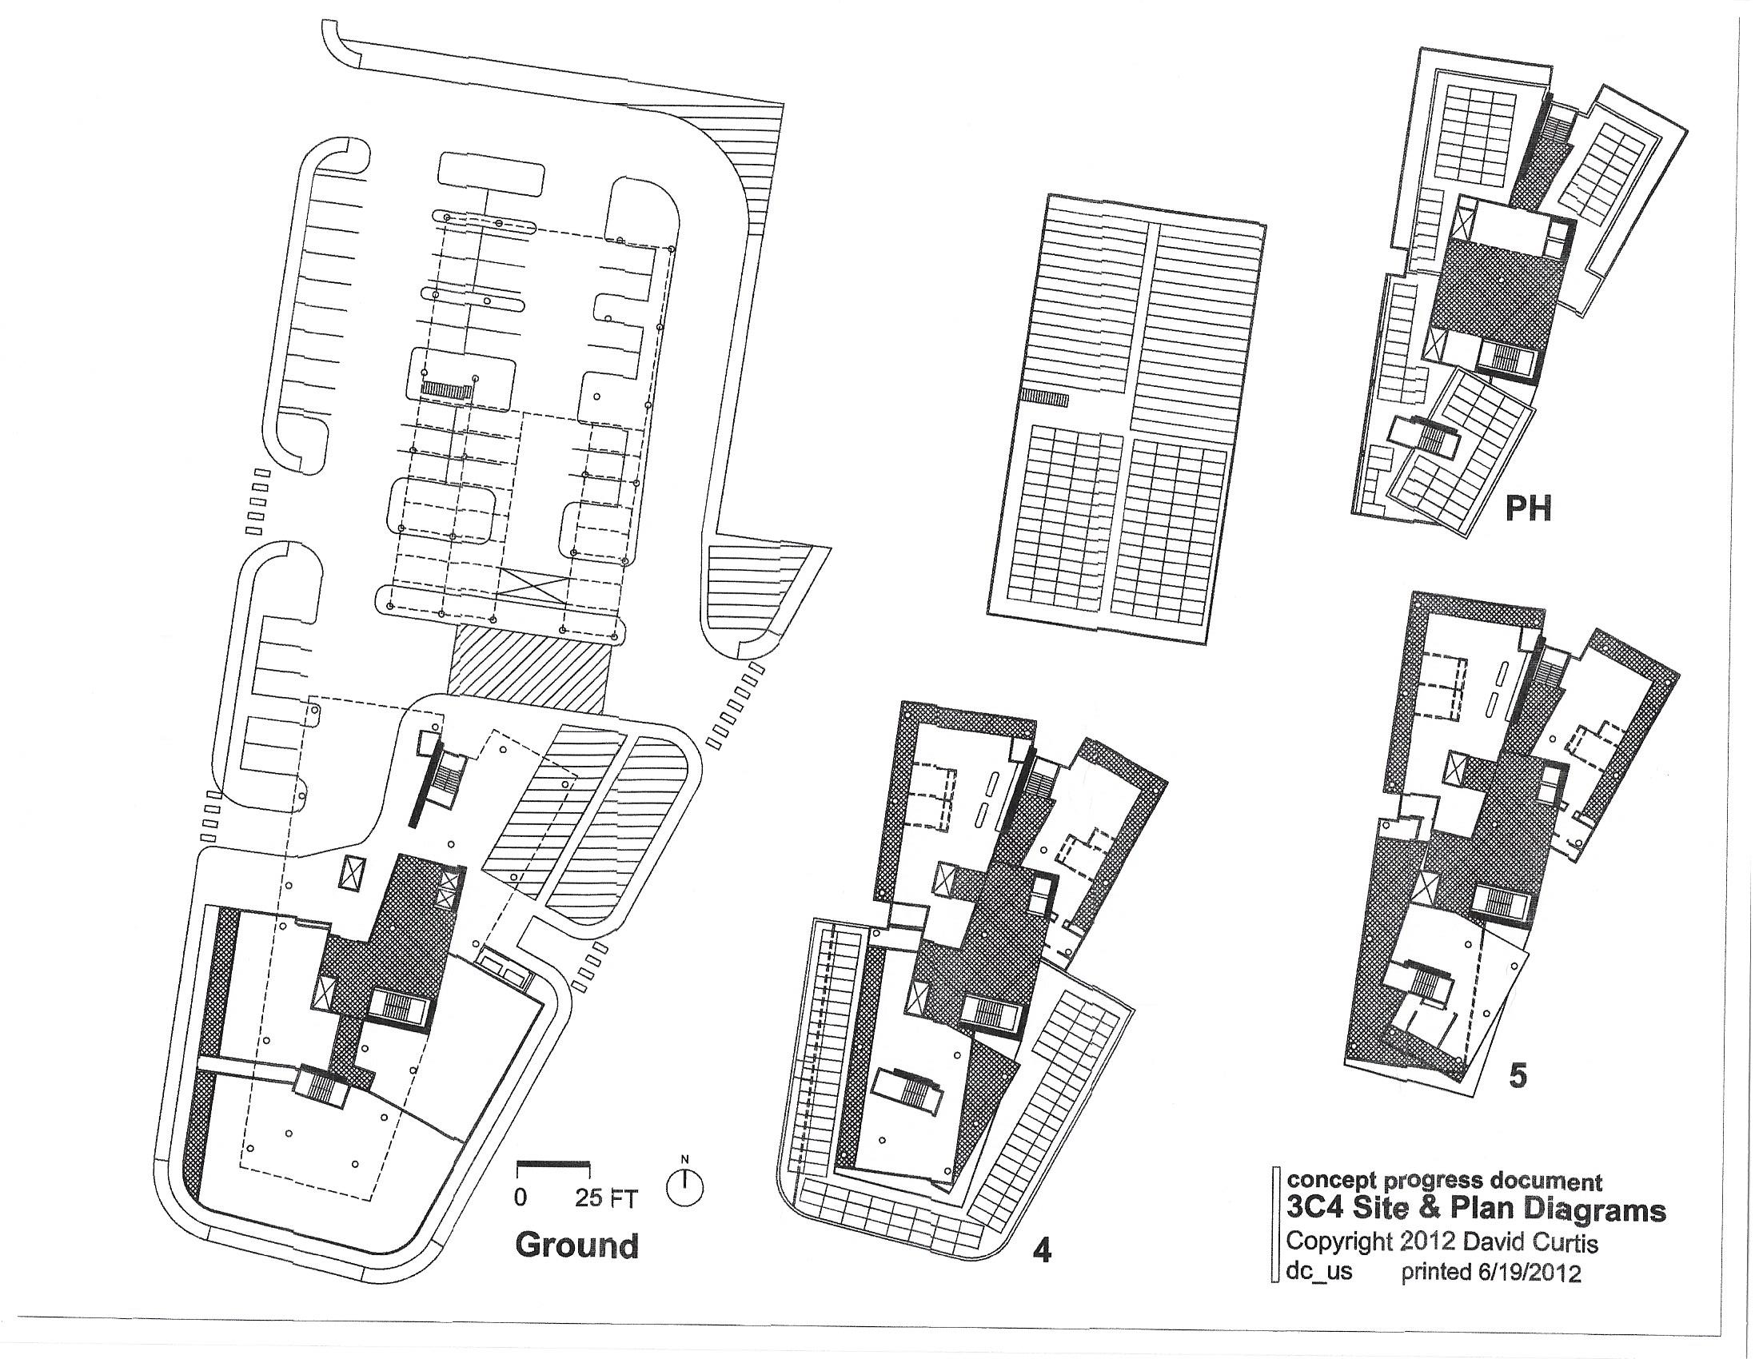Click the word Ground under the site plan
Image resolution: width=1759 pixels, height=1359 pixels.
(576, 1245)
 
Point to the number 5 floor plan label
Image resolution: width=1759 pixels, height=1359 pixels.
(1517, 1077)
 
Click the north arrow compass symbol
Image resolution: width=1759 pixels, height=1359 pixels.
(685, 1187)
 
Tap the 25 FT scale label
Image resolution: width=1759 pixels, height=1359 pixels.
(606, 1199)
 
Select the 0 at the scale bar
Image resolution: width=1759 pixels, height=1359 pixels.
(521, 1198)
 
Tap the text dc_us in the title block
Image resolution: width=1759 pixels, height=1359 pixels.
(1319, 1273)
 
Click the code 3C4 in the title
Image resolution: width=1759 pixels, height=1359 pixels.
(1314, 1210)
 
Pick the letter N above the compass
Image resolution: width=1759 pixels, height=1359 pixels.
(685, 1159)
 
